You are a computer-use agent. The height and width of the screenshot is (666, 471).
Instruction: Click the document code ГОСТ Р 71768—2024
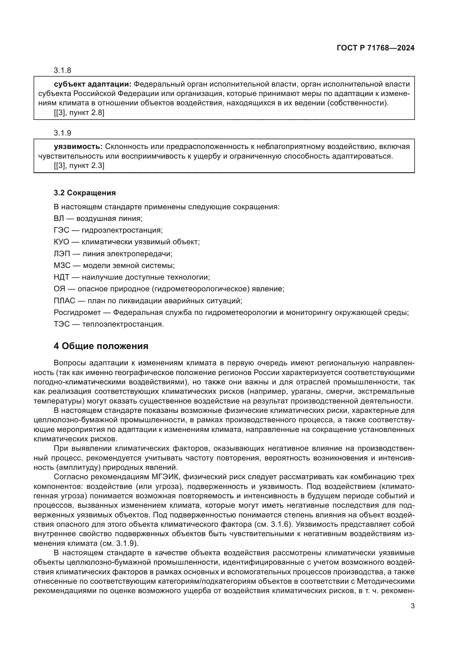(376, 48)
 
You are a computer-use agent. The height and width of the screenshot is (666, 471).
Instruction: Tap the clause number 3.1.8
(62, 71)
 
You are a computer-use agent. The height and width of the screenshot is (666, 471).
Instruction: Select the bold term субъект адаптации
(93, 84)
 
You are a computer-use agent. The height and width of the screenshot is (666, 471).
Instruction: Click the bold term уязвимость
(78, 147)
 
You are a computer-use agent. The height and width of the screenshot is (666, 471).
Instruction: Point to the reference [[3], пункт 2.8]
(79, 113)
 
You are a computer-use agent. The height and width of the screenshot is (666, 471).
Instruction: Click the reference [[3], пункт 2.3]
(79, 166)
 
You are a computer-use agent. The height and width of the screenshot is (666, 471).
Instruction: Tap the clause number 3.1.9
(62, 133)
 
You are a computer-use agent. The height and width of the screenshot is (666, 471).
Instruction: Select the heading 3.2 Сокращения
(85, 193)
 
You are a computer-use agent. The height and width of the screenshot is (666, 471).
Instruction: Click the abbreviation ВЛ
(59, 218)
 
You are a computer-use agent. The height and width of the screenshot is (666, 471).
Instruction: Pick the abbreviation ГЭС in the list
(62, 230)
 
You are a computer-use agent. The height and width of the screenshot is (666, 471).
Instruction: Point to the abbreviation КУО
(62, 242)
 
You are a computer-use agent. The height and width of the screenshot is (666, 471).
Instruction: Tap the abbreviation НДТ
(62, 277)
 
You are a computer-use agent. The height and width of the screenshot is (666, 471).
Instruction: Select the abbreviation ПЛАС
(64, 301)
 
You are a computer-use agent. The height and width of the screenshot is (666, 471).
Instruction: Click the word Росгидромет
(77, 313)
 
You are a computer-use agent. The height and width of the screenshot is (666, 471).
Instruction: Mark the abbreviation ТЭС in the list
(62, 324)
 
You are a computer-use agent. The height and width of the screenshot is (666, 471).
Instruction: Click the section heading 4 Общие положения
(101, 346)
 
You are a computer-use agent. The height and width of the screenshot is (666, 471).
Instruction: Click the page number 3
(412, 606)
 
